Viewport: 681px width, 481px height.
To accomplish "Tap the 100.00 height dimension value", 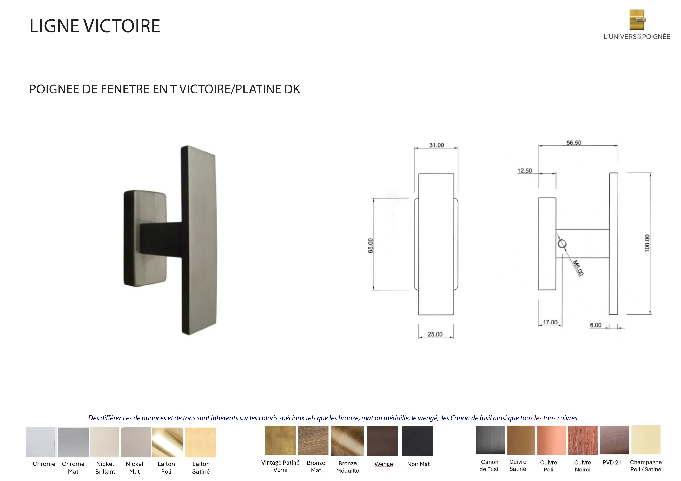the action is point(647,243).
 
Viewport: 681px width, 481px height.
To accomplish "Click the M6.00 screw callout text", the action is point(578,268).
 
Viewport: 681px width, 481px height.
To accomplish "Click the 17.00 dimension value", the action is point(550,322).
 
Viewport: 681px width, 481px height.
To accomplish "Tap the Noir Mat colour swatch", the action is point(417,441).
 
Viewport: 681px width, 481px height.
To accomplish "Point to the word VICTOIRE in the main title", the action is point(122,26).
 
